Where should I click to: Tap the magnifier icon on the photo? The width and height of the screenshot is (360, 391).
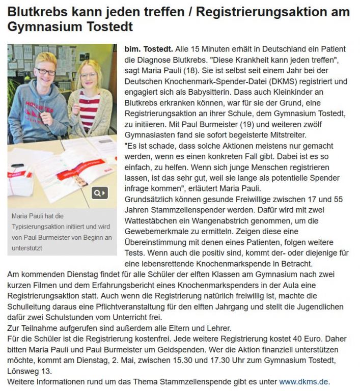click(x=100, y=193)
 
